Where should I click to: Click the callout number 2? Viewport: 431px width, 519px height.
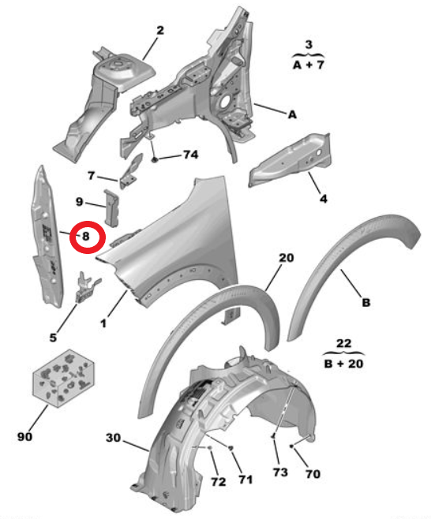click(x=160, y=31)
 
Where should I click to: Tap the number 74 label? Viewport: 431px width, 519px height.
click(x=190, y=155)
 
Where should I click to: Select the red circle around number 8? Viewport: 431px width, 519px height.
click(x=88, y=237)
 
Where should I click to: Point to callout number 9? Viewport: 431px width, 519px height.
click(x=79, y=201)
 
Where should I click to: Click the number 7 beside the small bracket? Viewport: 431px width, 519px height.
click(x=92, y=175)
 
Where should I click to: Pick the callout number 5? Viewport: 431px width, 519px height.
click(x=53, y=338)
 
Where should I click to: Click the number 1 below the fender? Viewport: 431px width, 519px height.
click(x=103, y=323)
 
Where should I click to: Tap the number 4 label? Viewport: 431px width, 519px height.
click(x=324, y=199)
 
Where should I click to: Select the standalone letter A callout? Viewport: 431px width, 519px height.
click(x=292, y=114)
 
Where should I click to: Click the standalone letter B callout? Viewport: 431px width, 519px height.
click(x=366, y=302)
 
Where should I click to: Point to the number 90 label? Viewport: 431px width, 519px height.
click(x=24, y=436)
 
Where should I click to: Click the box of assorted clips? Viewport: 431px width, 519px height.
click(x=63, y=378)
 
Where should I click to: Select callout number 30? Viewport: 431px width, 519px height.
click(x=114, y=438)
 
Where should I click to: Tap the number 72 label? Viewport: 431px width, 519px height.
click(x=219, y=482)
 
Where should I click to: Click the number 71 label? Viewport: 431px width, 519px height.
click(x=245, y=479)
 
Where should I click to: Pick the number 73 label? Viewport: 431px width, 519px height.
click(x=280, y=472)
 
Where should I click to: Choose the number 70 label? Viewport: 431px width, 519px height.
click(x=313, y=474)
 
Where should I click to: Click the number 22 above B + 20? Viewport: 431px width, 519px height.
click(x=343, y=344)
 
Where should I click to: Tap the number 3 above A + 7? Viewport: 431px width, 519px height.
click(x=309, y=44)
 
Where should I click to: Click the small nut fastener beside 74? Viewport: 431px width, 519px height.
click(x=155, y=159)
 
